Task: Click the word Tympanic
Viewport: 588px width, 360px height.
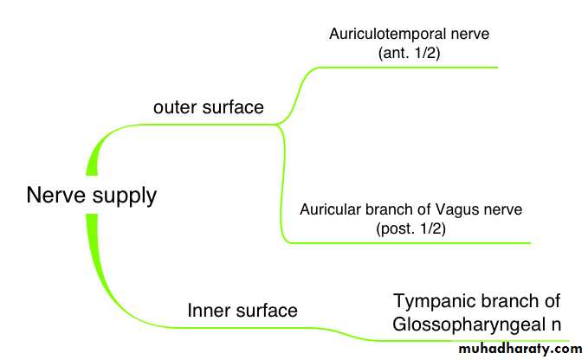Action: [430, 302]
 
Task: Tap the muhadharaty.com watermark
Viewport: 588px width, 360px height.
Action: [517, 349]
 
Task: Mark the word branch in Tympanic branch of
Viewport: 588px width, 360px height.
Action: [506, 302]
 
